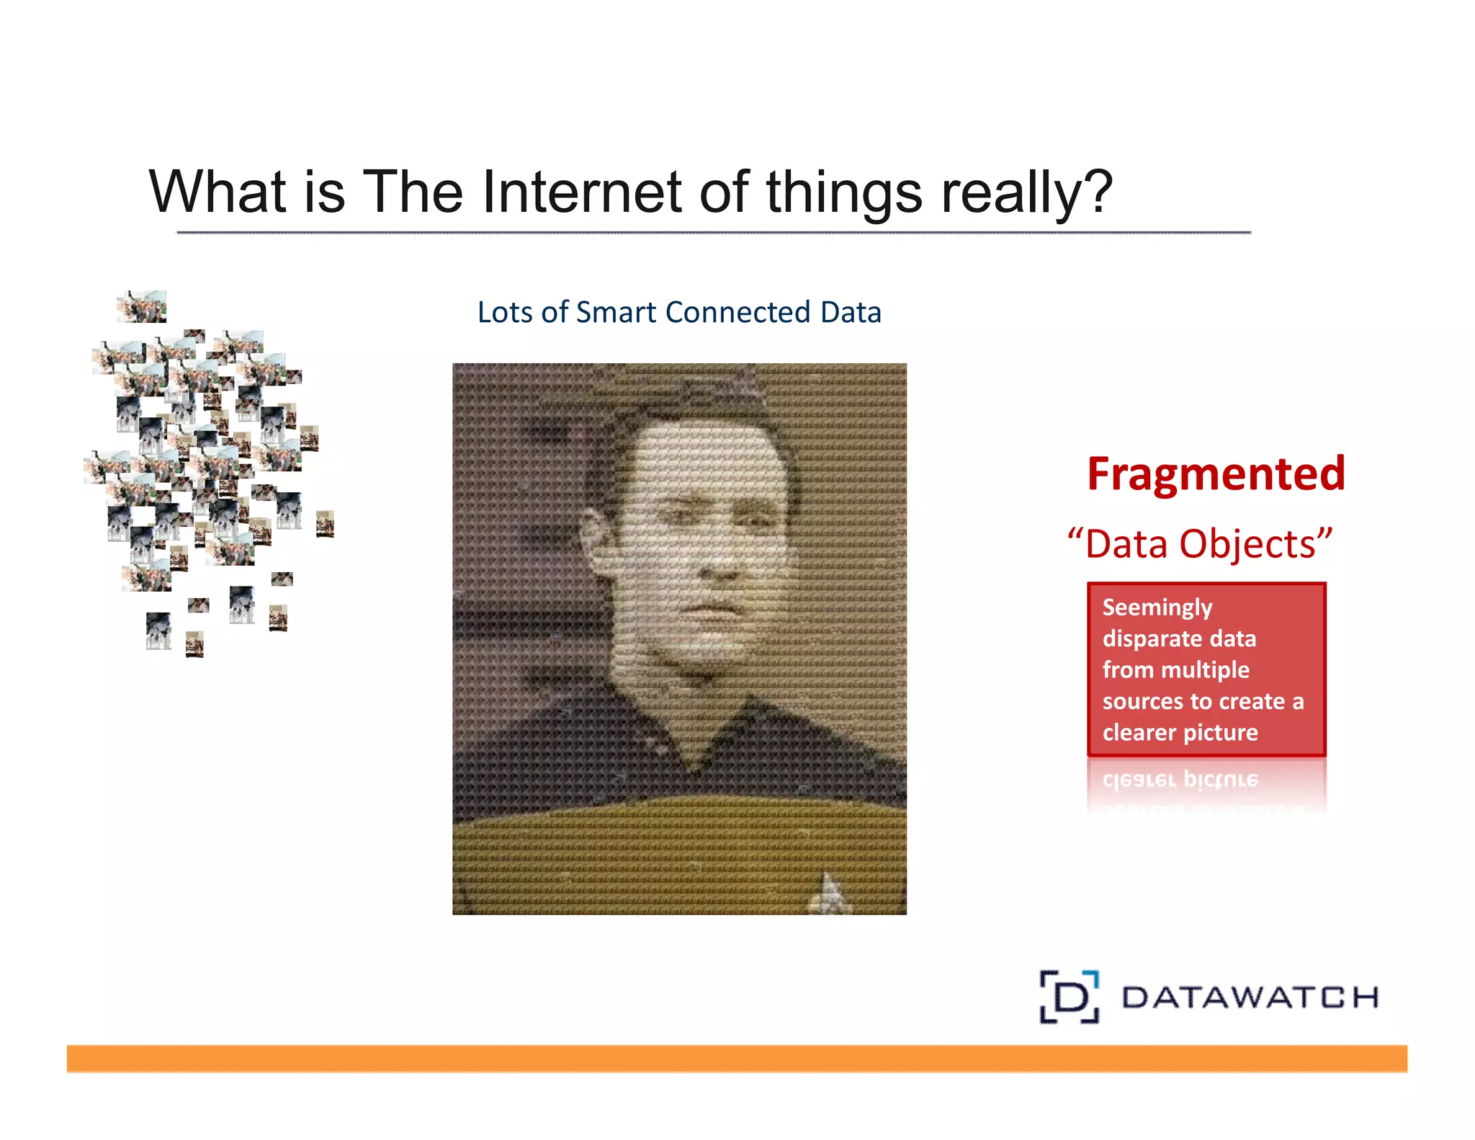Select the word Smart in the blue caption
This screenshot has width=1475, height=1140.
coord(617,312)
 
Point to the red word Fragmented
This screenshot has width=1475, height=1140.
coord(1216,473)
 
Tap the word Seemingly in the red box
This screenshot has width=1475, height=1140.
coord(1157,607)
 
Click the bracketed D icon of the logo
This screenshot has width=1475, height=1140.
coord(1070,997)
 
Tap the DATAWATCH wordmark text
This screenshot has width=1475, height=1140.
coord(1250,997)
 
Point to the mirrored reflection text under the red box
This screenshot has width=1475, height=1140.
coord(1180,780)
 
